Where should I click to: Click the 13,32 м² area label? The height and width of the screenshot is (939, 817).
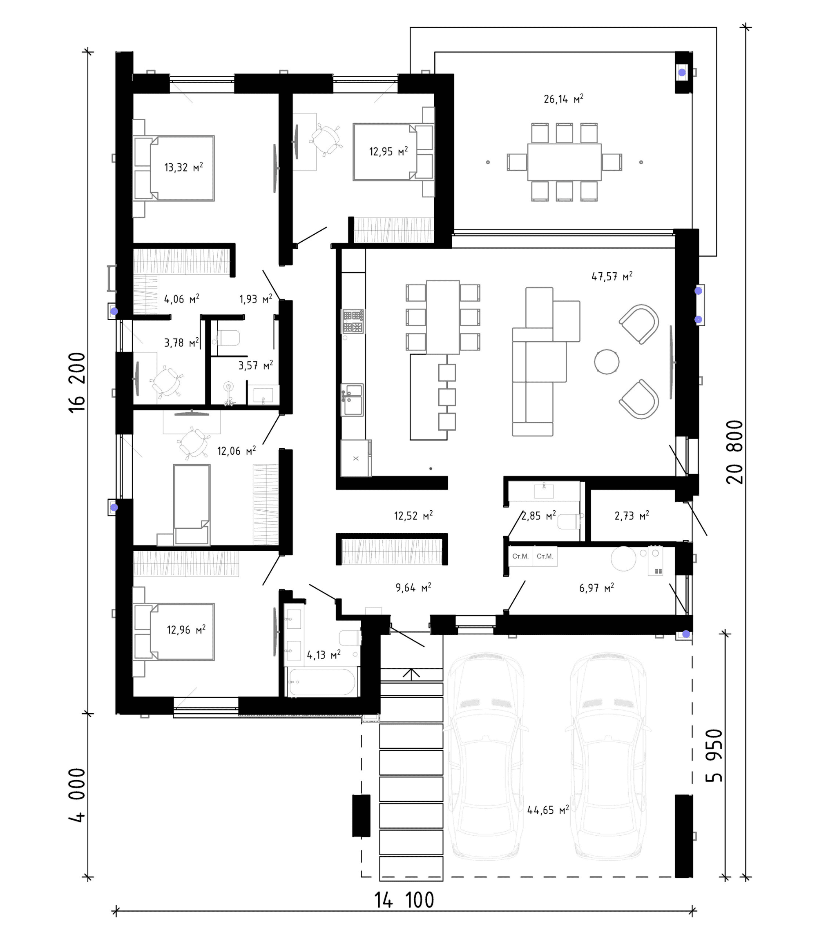183,167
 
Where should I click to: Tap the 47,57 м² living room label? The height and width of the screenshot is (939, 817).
612,276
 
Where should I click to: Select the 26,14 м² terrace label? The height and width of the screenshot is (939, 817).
563,99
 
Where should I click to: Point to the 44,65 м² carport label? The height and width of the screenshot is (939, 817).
548,810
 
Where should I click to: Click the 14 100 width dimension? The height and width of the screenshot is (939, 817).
404,900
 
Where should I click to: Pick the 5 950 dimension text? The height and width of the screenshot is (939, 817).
714,755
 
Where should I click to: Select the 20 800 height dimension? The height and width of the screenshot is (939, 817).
734,452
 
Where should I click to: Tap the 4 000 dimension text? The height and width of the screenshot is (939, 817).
77,795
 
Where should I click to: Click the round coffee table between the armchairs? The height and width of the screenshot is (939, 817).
607,362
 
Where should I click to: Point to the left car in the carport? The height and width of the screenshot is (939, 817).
485,756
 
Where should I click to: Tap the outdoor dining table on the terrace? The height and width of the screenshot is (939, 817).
565,162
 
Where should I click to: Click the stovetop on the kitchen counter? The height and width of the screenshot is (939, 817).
353,322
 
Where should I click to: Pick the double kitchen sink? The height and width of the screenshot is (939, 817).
353,400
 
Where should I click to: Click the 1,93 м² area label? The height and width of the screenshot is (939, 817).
256,299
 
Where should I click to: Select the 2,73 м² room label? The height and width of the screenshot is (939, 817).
632,516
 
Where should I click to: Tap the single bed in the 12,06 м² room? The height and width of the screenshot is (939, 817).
192,504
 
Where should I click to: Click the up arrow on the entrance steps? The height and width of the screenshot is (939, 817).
411,674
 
